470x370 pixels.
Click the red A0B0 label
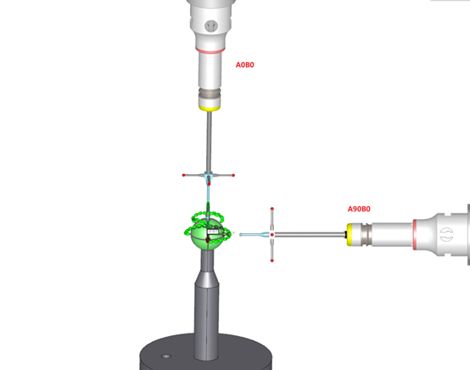click(245, 64)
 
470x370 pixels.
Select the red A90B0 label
click(359, 209)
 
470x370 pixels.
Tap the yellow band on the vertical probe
click(210, 108)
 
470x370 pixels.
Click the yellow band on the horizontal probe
click(350, 234)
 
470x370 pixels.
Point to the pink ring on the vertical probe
click(210, 50)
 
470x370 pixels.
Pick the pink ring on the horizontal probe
click(415, 235)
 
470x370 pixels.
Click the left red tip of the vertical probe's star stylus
click(184, 175)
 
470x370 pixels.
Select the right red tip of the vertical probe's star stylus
click(233, 175)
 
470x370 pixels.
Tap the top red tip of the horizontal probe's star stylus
click(271, 209)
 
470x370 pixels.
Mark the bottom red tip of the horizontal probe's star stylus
click(271, 261)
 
